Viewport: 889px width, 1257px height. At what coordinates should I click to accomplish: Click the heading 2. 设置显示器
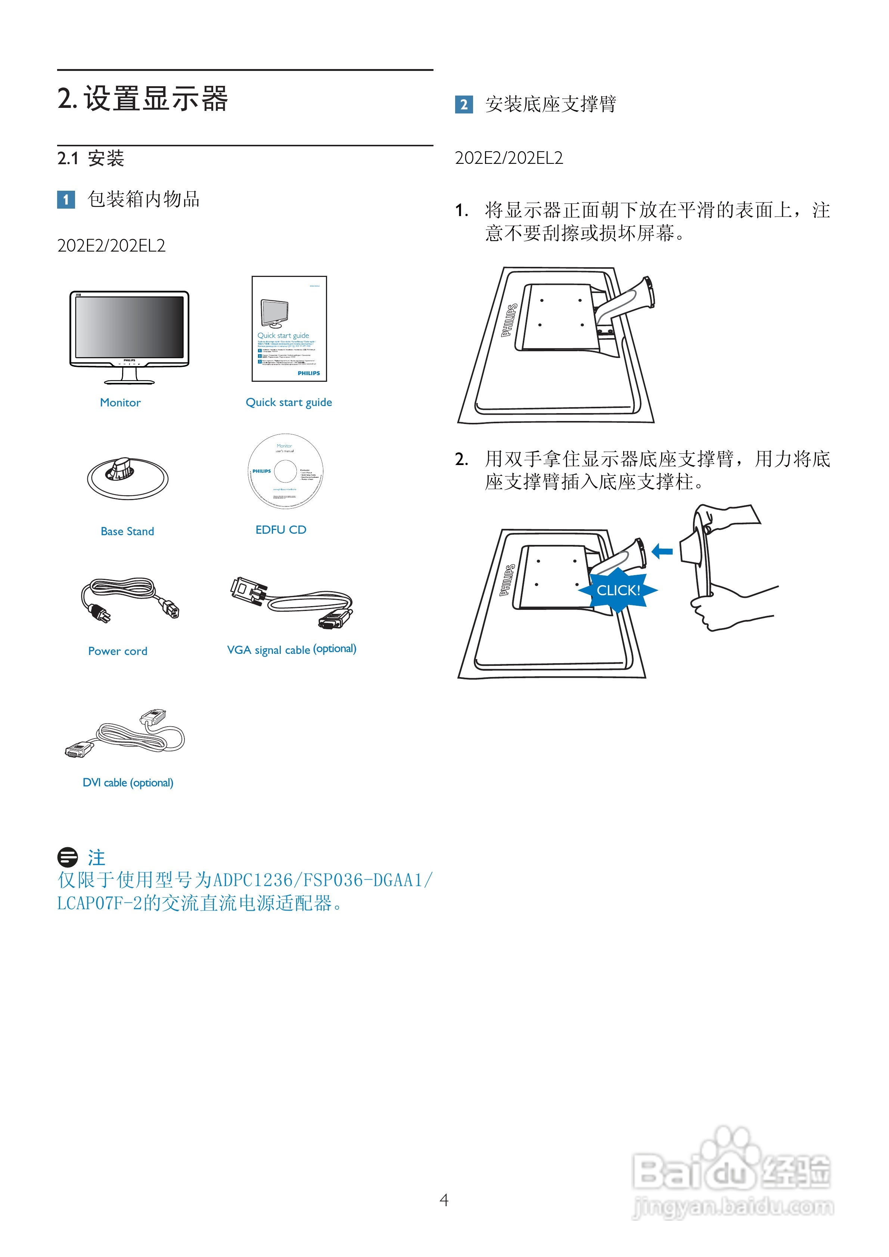(142, 99)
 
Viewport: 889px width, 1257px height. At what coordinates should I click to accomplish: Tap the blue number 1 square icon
(66, 199)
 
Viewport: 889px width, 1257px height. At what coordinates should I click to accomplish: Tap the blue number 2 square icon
(463, 105)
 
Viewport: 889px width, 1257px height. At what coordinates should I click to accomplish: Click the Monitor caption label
(120, 402)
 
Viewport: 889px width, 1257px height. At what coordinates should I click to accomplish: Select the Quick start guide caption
(289, 402)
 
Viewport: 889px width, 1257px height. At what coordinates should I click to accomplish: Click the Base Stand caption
(127, 531)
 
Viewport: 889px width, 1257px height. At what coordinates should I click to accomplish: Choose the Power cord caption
(117, 651)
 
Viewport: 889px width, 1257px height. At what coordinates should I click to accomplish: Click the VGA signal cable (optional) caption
(291, 649)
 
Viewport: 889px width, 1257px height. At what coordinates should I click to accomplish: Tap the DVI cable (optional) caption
(128, 782)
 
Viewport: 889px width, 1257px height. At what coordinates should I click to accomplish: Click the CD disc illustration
(285, 471)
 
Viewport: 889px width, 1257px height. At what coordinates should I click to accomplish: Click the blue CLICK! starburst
(618, 590)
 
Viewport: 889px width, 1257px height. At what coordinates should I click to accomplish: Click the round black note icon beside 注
(67, 857)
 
